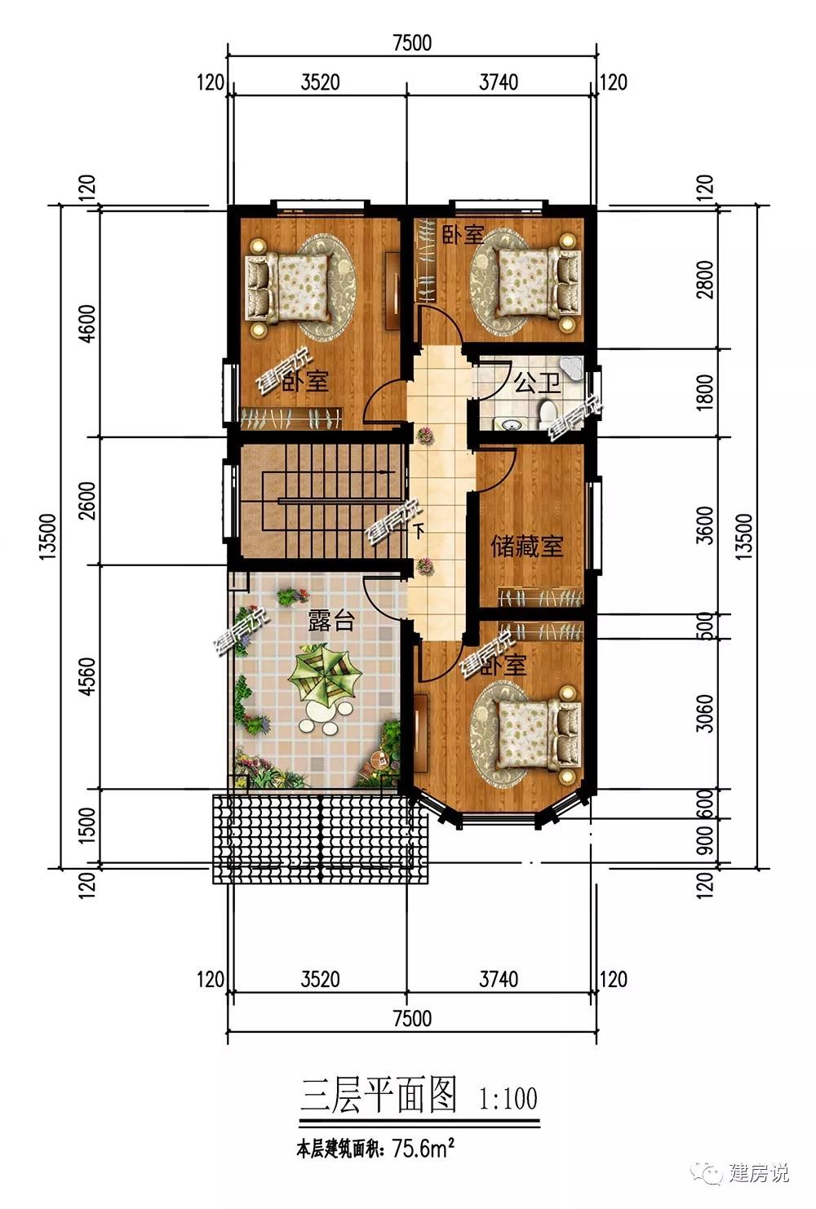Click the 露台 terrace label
point(330,620)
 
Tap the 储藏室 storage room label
point(526,547)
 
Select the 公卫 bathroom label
point(536,383)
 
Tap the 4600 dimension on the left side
point(87,323)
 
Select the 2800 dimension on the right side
point(705,278)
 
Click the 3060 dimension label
point(705,713)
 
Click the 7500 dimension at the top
point(412,42)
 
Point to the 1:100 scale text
point(508,1097)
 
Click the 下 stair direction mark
point(419,531)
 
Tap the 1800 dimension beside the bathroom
point(705,392)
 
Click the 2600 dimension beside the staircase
point(87,500)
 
